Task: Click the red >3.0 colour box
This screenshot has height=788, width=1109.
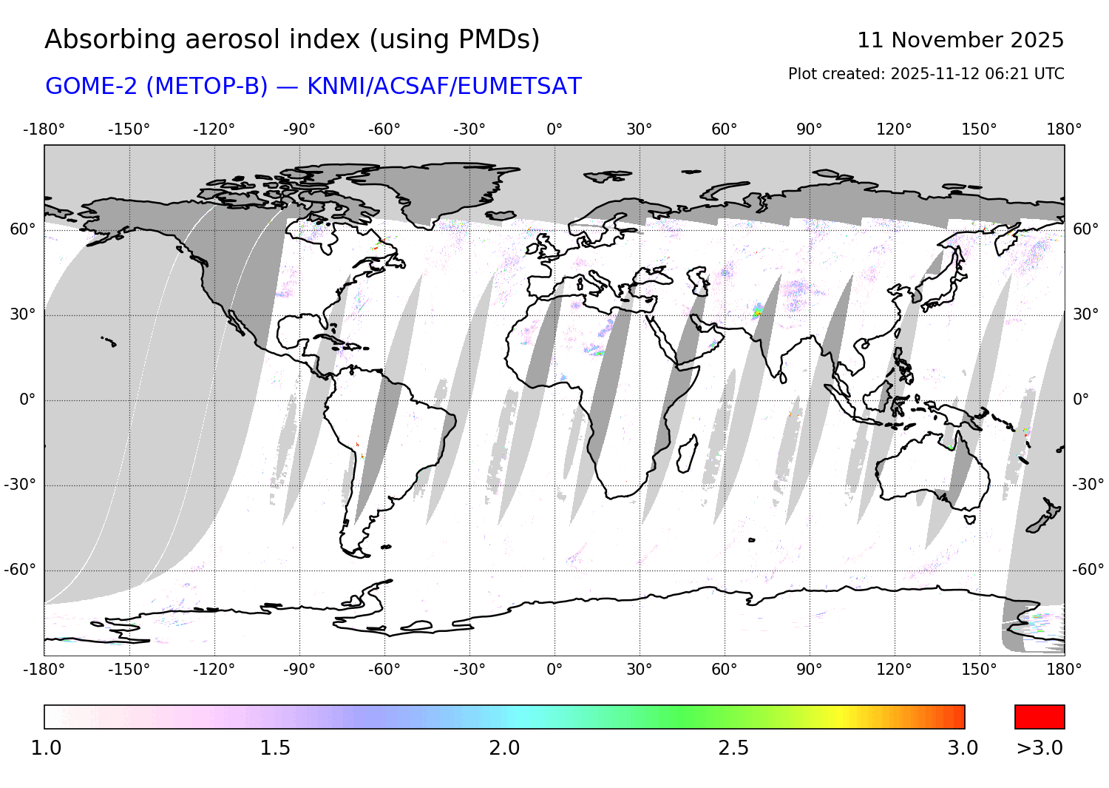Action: [1040, 717]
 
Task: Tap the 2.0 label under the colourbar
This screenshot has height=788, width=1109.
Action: [504, 748]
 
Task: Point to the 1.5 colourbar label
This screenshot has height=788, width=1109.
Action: [275, 748]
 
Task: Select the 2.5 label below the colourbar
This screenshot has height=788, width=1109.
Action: [733, 748]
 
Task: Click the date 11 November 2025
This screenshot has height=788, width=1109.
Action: [960, 40]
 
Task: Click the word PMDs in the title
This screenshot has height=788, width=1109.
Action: [499, 39]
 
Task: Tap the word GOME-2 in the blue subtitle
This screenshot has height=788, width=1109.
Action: [92, 87]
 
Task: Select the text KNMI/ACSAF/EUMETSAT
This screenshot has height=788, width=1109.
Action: [444, 87]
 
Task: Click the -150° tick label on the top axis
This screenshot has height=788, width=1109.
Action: [129, 129]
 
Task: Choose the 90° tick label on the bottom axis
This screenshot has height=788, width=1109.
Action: [810, 670]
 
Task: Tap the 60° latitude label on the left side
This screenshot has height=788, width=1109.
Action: [22, 229]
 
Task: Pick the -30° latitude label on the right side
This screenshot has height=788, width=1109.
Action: [1088, 485]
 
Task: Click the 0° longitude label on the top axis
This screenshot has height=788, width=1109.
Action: [554, 129]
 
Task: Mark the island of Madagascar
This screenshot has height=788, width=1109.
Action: [687, 453]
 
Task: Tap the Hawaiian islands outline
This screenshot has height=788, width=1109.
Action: [109, 341]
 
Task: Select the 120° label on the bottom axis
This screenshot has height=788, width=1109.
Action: [894, 670]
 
